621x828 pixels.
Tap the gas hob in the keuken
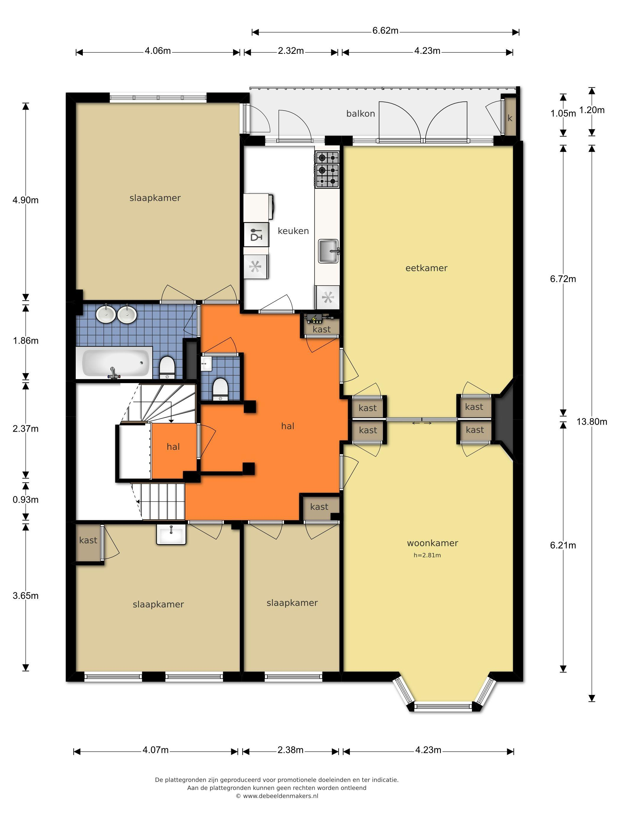[x=327, y=169]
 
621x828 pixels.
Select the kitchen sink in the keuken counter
[x=329, y=251]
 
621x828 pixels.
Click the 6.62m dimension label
[x=385, y=31]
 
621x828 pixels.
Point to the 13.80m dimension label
[x=591, y=421]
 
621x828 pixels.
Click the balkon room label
[x=360, y=114]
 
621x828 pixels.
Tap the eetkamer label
[x=426, y=268]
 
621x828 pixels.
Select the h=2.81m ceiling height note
[x=427, y=555]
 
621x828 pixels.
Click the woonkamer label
[x=432, y=543]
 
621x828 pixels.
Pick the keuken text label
[x=293, y=231]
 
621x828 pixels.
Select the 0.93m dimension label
[x=25, y=500]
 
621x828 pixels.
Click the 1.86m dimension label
[x=25, y=341]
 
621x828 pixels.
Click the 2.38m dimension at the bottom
[x=290, y=750]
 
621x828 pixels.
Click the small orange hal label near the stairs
[x=173, y=447]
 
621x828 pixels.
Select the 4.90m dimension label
[x=25, y=200]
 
